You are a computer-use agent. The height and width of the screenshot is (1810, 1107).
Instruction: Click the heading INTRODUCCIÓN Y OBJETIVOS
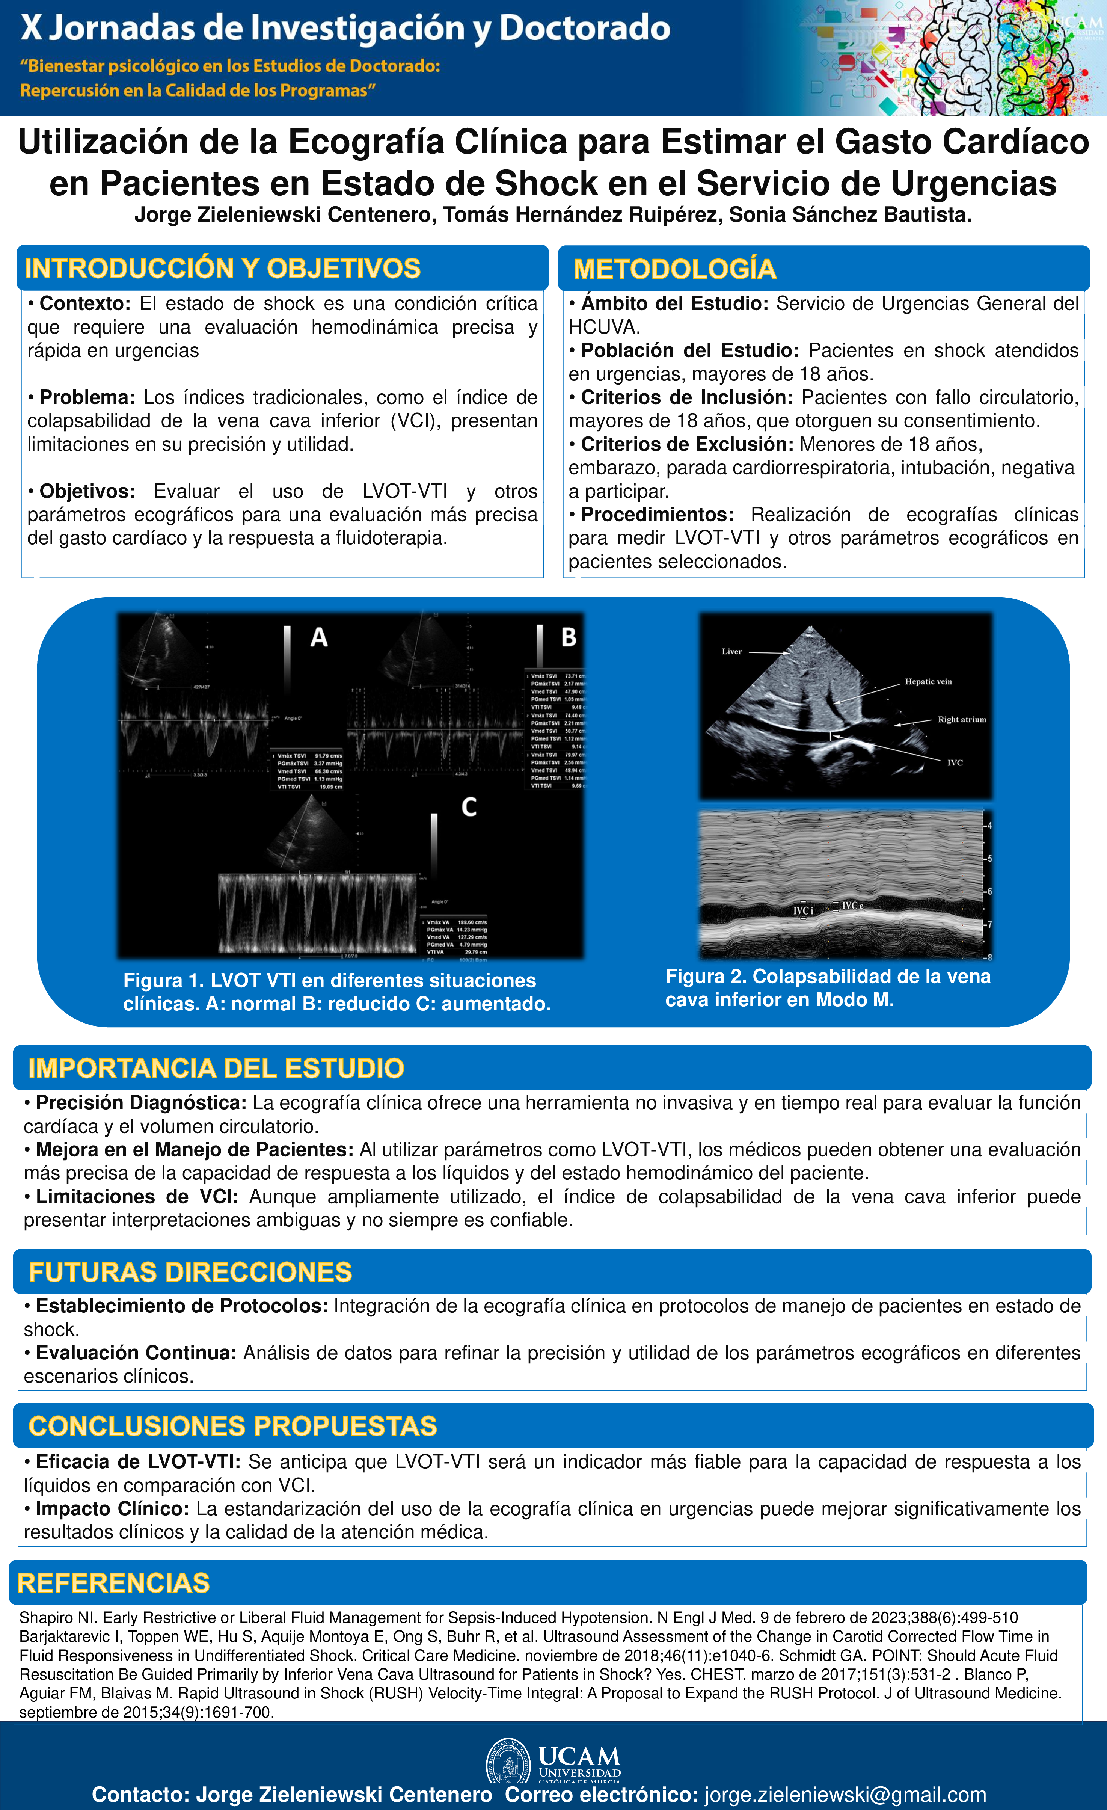coord(223,269)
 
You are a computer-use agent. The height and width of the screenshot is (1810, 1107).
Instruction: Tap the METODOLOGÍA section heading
coord(674,269)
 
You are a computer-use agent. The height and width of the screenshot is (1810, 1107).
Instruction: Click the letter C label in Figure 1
coord(469,807)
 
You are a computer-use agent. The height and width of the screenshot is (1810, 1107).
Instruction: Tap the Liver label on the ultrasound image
coord(731,652)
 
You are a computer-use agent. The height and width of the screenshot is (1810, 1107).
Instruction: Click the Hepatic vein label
coord(928,682)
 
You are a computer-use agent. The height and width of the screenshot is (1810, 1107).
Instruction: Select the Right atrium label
coord(962,719)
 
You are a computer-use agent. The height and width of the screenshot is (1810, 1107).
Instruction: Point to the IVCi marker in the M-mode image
coord(803,911)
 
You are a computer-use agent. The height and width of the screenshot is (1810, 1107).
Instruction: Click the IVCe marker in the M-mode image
coord(851,906)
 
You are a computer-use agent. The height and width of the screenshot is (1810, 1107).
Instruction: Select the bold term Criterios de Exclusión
coord(687,444)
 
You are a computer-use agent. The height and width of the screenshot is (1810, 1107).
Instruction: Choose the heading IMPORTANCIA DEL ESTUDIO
coord(216,1068)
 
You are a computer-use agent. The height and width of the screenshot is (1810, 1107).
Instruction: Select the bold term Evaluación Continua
coord(136,1353)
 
